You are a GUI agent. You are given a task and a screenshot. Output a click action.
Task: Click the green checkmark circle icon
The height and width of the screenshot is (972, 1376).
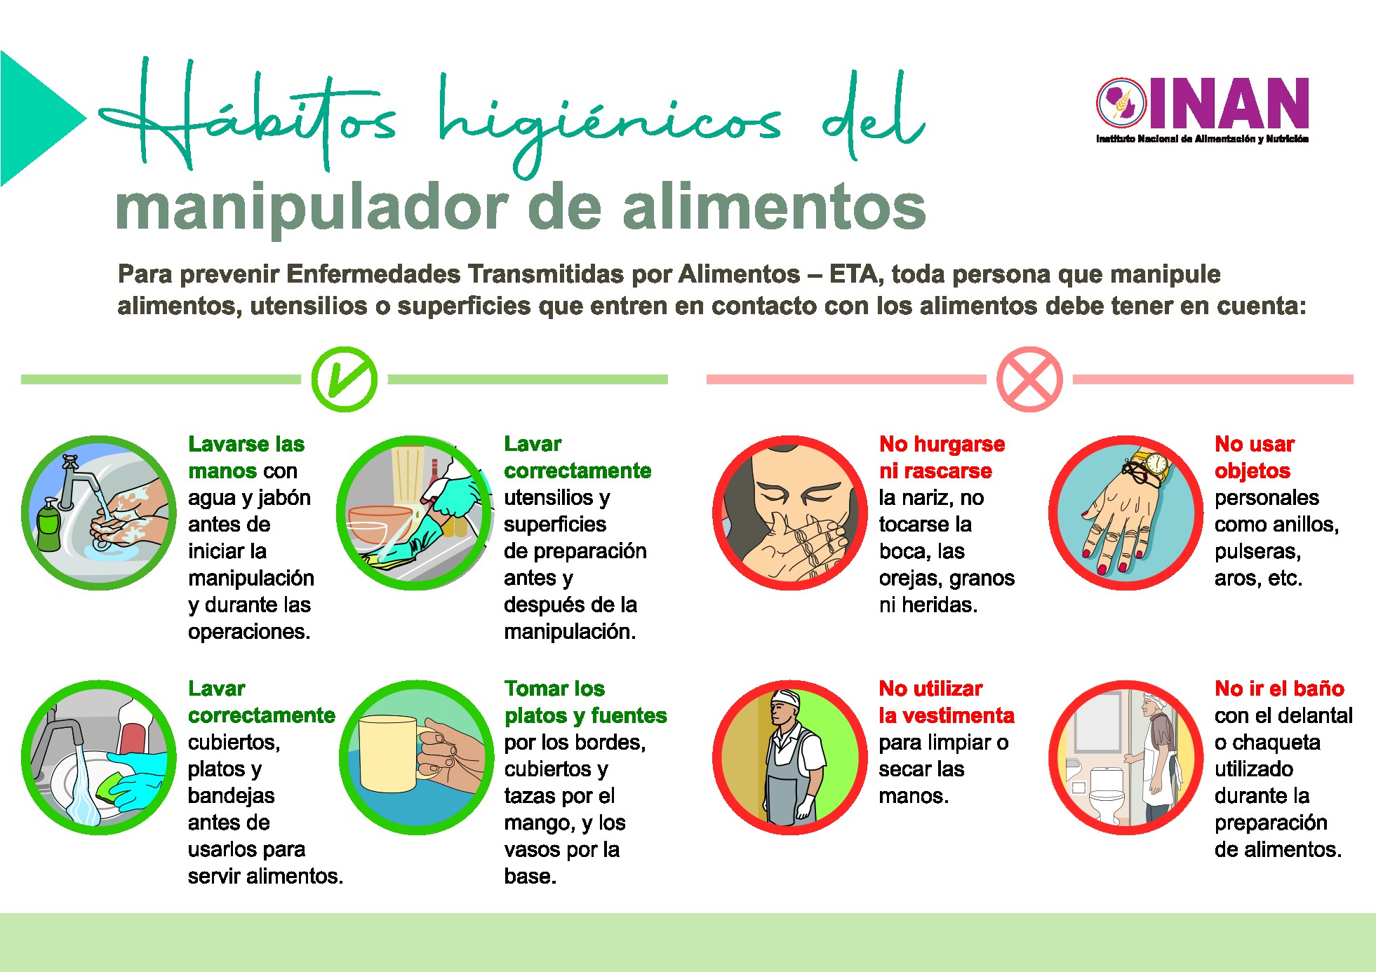tap(345, 379)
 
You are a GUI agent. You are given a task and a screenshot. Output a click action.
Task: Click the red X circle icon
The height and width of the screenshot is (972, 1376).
tap(1029, 379)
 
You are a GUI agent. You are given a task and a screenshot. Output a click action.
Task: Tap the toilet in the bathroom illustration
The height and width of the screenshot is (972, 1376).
tap(1107, 795)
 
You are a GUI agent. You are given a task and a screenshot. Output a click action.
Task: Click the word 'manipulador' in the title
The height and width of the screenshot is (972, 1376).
tap(311, 208)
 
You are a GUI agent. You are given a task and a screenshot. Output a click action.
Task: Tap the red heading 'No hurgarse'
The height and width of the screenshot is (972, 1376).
tap(942, 444)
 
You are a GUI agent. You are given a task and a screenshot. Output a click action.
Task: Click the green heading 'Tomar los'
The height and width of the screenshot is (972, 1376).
tap(554, 688)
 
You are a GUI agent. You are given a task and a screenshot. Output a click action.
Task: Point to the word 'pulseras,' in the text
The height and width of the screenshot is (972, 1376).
tap(1257, 551)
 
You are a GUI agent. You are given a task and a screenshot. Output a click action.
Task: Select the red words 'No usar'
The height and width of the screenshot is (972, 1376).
tap(1255, 444)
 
